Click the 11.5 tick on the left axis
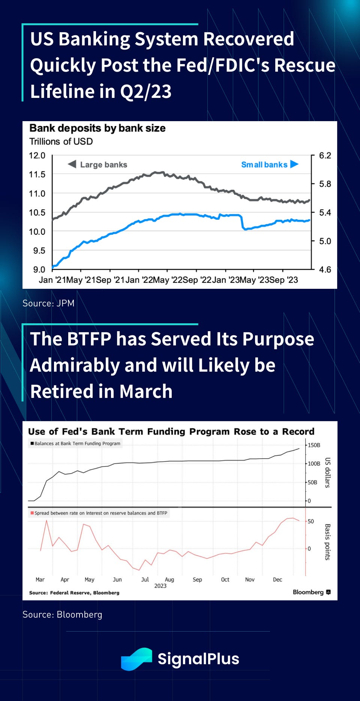37,174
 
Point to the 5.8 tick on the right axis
325,184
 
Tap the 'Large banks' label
103,165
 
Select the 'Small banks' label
264,165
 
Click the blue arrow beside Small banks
294,164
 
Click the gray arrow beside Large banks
72,164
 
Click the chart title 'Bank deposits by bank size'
97,128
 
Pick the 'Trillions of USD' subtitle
61,141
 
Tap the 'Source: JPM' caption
48,303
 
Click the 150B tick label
314,445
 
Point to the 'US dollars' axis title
327,473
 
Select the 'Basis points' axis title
327,542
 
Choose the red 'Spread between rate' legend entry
99,513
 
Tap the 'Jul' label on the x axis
145,579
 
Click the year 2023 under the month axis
160,586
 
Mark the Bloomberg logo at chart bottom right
311,592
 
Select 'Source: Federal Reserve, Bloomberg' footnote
74,593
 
